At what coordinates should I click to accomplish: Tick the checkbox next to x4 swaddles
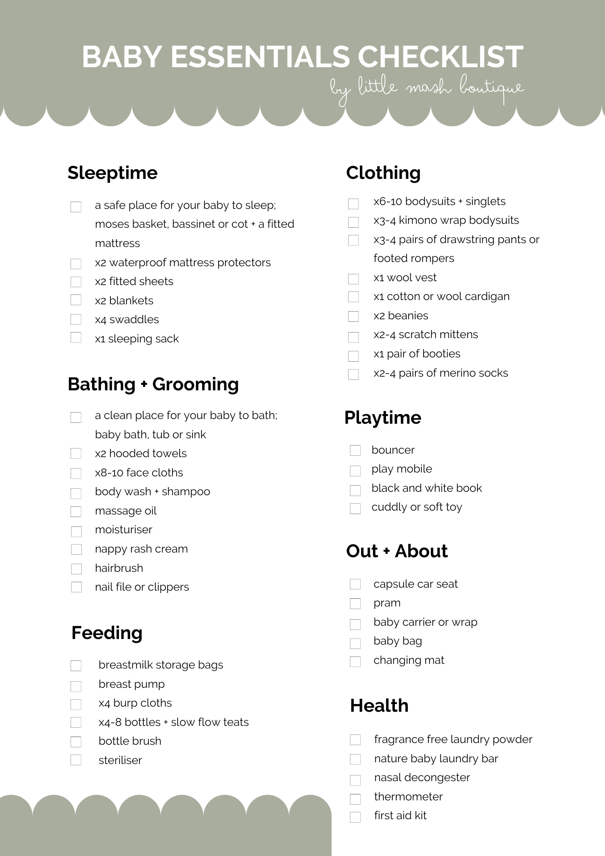[x=76, y=319]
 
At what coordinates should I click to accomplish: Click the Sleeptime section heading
[x=113, y=173]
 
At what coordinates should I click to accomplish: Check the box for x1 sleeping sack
[x=76, y=338]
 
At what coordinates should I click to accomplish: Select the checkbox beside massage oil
[x=76, y=511]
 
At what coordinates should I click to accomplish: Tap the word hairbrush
[x=119, y=568]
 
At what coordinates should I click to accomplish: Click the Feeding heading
[x=107, y=633]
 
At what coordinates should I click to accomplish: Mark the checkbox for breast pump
[x=76, y=687]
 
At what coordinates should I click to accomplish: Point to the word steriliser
[x=120, y=760]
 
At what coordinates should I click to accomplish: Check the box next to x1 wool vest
[x=353, y=279]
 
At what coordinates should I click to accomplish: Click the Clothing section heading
[x=383, y=173]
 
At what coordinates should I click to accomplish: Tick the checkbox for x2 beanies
[x=353, y=316]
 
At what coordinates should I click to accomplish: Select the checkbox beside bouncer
[x=355, y=450]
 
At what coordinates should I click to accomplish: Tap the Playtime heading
[x=383, y=418]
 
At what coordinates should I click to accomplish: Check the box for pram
[x=355, y=603]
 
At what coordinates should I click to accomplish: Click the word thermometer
[x=408, y=797]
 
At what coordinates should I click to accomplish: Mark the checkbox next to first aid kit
[x=355, y=817]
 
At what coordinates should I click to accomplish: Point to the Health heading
[x=379, y=706]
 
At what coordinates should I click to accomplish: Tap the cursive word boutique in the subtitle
[x=492, y=88]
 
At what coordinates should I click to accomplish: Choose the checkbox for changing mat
[x=355, y=661]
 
